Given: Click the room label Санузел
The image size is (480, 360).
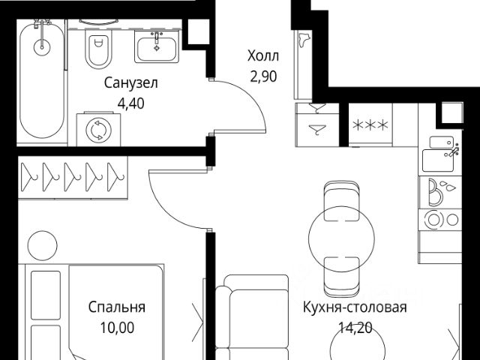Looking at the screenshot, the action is (x=130, y=82).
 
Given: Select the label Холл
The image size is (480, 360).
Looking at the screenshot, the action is (x=263, y=56).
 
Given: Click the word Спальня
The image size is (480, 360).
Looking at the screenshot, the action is (x=116, y=307).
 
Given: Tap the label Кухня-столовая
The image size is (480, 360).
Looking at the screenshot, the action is (x=355, y=307).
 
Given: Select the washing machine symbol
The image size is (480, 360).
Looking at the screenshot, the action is (x=97, y=130).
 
